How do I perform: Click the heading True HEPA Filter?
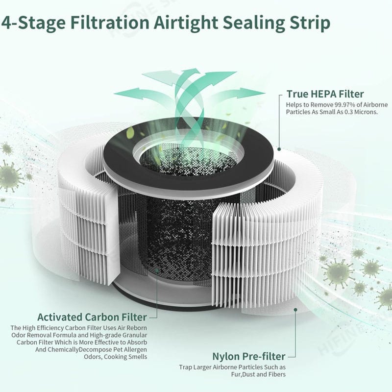(325, 94)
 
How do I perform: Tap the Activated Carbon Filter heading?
(92, 317)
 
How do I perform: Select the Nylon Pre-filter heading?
(249, 356)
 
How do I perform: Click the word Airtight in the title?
(186, 23)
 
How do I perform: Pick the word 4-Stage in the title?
(33, 23)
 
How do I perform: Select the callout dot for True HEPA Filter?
(279, 149)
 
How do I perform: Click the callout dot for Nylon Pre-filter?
(295, 310)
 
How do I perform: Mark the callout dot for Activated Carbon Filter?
(157, 270)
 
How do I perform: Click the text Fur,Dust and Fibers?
(258, 374)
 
